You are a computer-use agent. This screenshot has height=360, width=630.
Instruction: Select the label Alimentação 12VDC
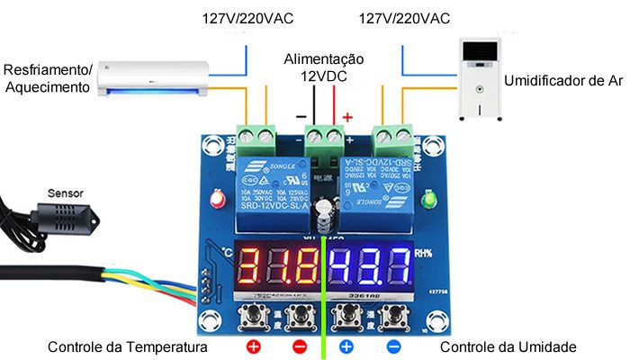point(324,67)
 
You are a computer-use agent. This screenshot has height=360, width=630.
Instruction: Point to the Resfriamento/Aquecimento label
point(48,78)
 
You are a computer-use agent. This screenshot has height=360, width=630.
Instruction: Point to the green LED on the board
point(430,198)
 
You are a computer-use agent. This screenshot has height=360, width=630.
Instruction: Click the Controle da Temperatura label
point(128,347)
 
